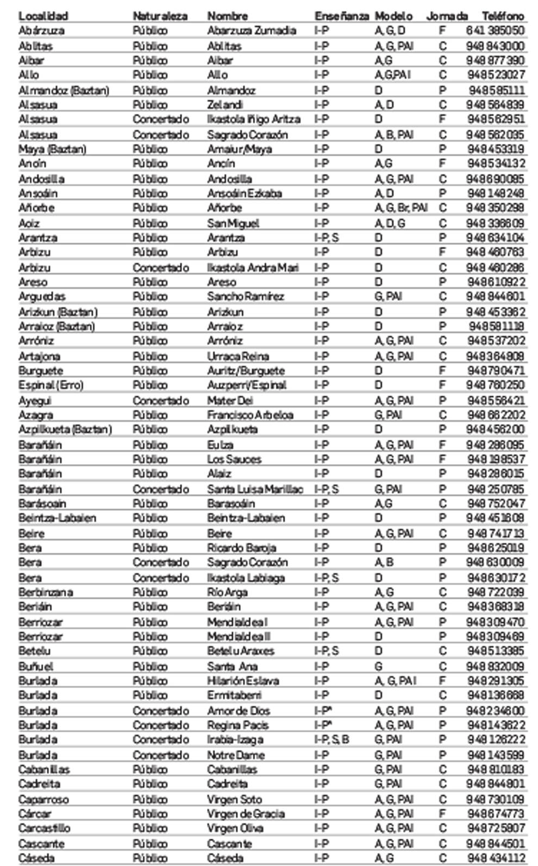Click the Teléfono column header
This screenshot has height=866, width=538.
tap(502, 16)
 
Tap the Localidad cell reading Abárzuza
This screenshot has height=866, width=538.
tap(41, 31)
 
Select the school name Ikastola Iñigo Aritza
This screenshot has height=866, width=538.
tap(253, 119)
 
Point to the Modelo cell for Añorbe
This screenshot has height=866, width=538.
tap(401, 208)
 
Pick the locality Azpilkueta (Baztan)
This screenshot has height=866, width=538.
tap(65, 429)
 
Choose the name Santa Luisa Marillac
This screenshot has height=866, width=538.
tap(255, 489)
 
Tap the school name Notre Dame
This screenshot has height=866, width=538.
tap(236, 755)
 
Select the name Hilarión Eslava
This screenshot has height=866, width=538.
tap(243, 681)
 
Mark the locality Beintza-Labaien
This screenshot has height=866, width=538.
tap(57, 518)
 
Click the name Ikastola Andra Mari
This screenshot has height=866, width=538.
tap(253, 268)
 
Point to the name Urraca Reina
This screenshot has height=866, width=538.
tap(237, 356)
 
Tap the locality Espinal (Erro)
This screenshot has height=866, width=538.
tap(51, 385)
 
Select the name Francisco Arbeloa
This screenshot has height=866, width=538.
tap(250, 415)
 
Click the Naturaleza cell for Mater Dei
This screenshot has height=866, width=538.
tap(161, 401)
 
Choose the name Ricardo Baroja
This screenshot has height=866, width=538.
tap(241, 548)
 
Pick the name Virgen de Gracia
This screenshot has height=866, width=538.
tap(246, 814)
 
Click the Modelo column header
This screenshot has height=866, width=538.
tap(393, 16)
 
